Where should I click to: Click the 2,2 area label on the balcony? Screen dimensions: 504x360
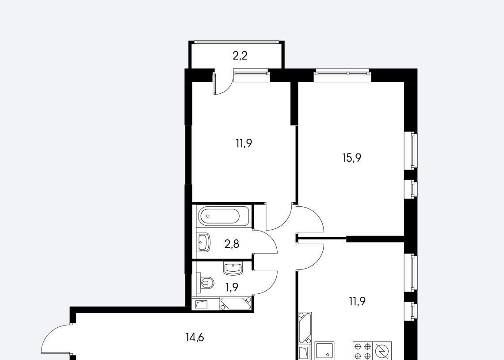click(x=240, y=56)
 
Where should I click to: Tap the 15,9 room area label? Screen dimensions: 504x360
click(x=352, y=158)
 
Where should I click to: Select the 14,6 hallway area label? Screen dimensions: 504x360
click(x=195, y=337)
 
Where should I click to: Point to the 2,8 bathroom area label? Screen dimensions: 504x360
click(x=232, y=244)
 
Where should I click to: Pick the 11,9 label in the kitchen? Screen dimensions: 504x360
click(x=357, y=301)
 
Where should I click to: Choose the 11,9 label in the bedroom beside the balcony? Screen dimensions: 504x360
click(x=244, y=143)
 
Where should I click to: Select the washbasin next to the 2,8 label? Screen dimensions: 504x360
click(x=203, y=242)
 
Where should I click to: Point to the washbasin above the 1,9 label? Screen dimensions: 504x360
click(x=233, y=269)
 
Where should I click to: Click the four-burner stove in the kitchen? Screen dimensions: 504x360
click(x=363, y=351)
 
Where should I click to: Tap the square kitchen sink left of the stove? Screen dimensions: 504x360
click(x=325, y=350)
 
